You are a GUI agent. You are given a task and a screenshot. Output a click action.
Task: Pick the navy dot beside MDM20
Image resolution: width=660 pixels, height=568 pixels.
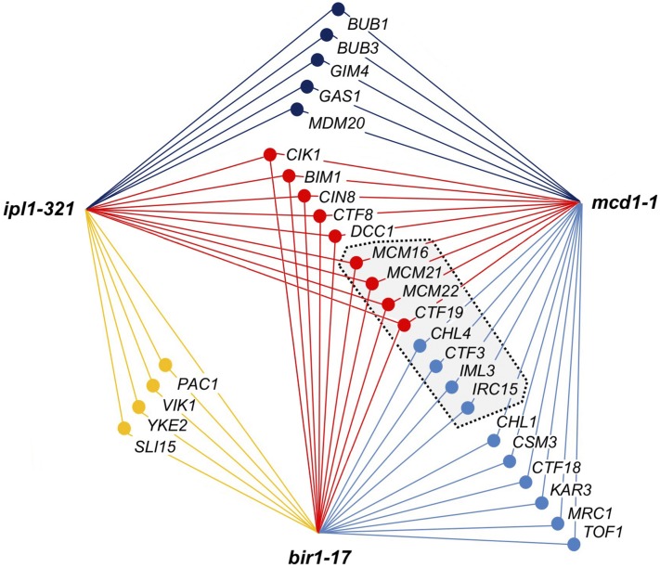coord(296,110)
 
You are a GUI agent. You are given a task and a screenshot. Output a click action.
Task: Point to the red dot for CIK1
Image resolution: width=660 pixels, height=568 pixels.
coord(270,155)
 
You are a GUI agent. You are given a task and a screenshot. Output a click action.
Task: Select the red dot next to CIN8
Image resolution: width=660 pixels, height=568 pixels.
coord(304,196)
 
